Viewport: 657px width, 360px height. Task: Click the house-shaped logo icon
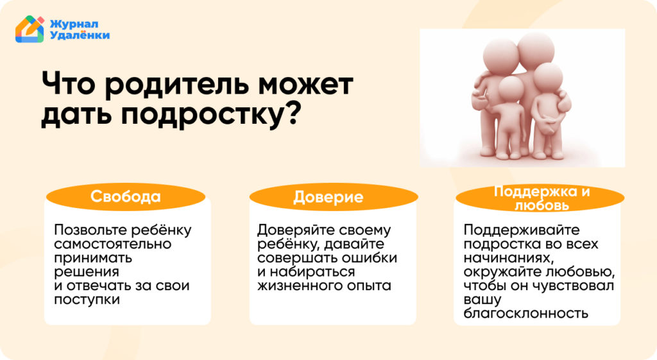click(x=30, y=30)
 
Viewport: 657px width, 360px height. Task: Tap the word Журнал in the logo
click(x=74, y=24)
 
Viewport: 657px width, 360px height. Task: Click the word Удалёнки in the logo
click(x=80, y=35)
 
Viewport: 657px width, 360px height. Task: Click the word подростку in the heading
click(x=202, y=114)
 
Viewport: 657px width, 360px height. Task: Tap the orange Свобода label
click(x=126, y=196)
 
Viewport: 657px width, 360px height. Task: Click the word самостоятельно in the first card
click(x=113, y=244)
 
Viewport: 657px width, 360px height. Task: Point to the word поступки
click(x=87, y=300)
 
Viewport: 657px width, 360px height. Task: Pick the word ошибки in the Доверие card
click(x=370, y=257)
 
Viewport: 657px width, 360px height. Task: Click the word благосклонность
click(x=526, y=313)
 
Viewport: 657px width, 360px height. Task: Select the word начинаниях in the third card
click(x=508, y=258)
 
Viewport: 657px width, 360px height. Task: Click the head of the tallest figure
click(x=536, y=49)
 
